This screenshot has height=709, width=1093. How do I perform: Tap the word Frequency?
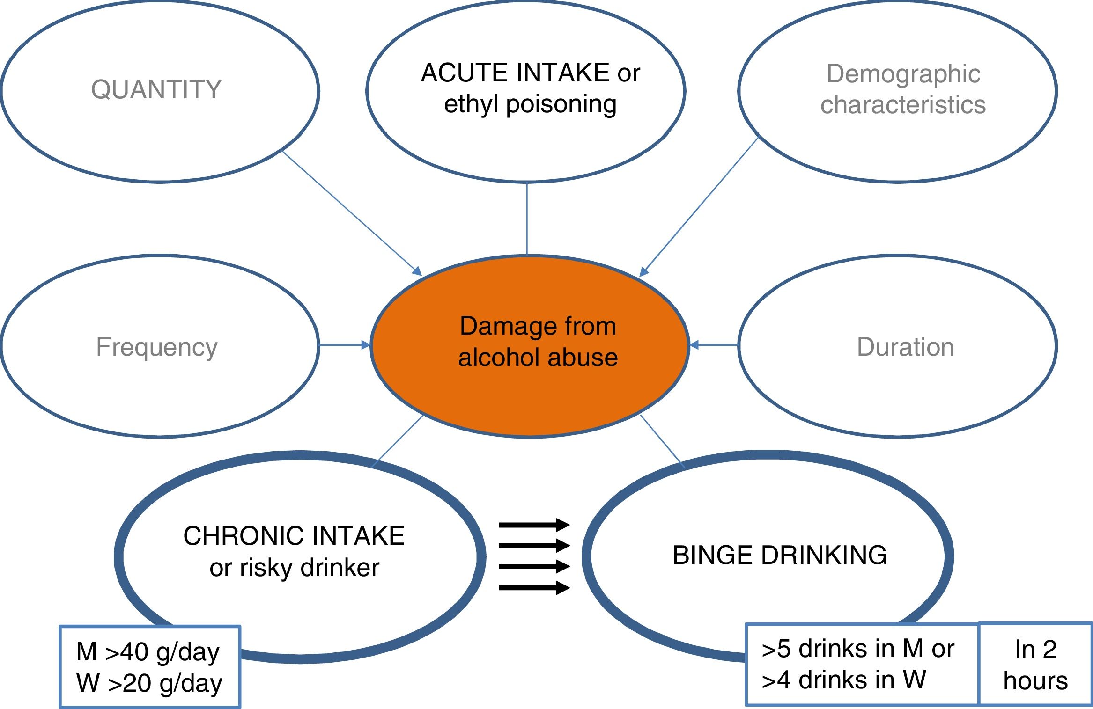pos(157,347)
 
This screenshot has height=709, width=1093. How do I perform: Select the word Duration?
pos(905,347)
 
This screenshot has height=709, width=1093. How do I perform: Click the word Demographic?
pos(903,73)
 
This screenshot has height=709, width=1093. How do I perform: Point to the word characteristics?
pos(903,104)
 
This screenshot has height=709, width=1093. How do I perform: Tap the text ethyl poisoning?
pos(530,104)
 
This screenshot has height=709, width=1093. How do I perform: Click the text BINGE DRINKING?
pos(780,555)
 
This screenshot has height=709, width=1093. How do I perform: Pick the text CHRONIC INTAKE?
pos(294,535)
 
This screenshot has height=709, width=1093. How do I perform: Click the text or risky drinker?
pos(294,568)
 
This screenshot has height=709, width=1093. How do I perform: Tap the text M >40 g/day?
pos(148,651)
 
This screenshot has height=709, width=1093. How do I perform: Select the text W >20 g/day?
pos(149,683)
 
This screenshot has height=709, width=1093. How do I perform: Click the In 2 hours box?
pos(1035,665)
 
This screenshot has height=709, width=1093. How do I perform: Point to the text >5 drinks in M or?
pos(858,649)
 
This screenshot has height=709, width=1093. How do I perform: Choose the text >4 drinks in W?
pos(844,680)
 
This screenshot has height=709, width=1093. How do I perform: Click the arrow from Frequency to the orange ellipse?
pos(345,345)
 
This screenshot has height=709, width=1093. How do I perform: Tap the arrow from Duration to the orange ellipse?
pos(714,345)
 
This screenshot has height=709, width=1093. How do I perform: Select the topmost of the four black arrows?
pos(534,525)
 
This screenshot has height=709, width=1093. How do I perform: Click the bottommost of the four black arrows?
pos(534,587)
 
